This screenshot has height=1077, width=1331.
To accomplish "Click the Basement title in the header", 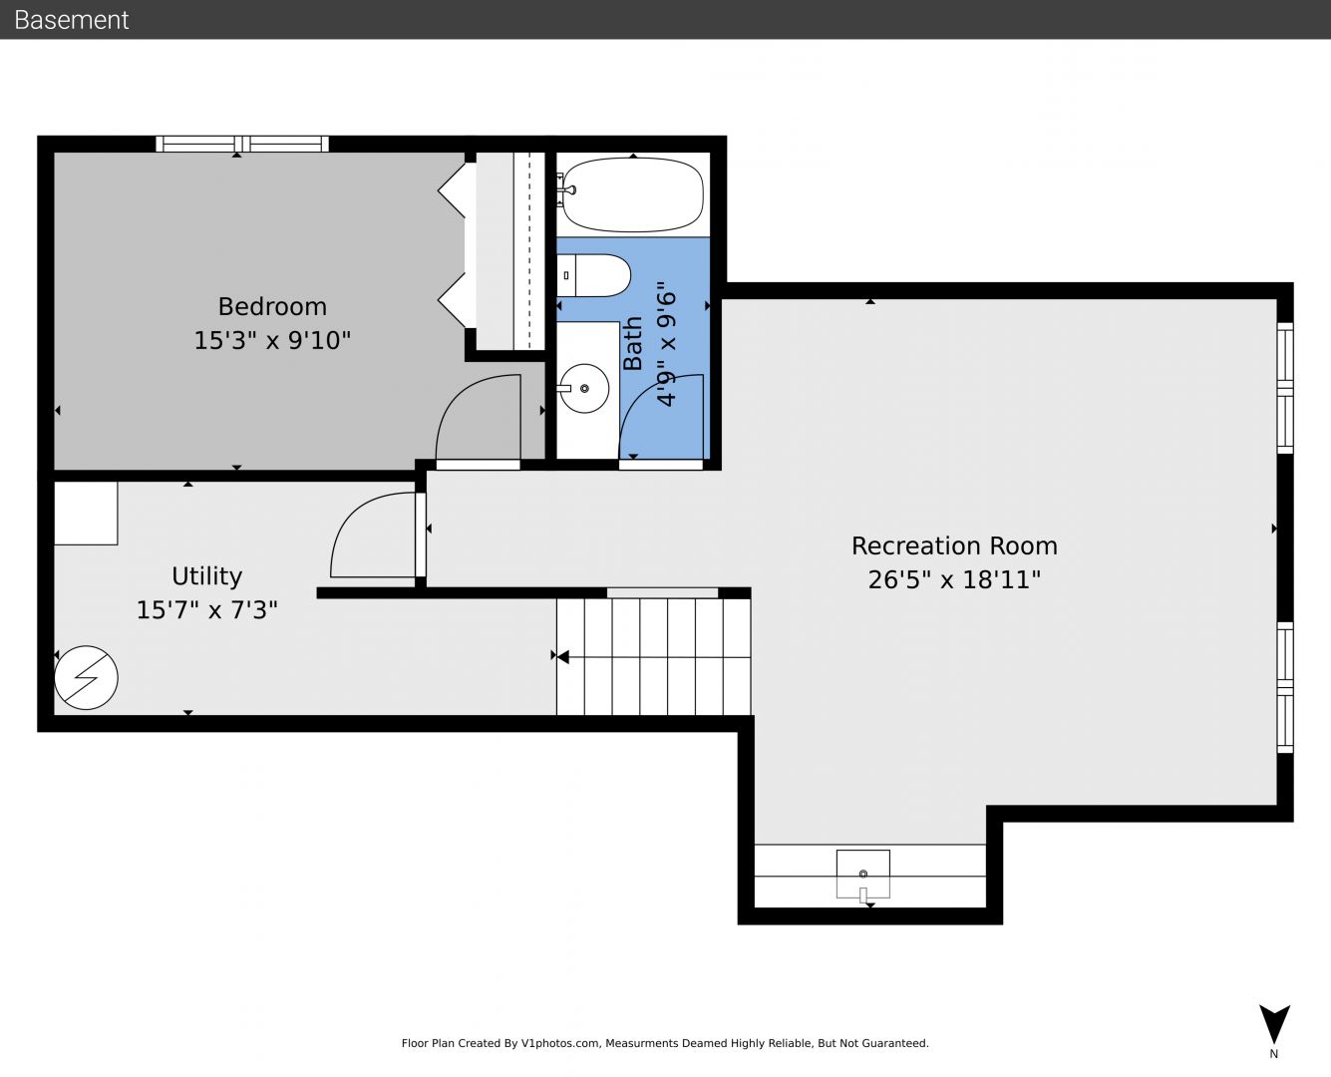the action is (x=71, y=20).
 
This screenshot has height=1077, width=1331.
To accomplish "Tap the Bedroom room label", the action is (x=272, y=307).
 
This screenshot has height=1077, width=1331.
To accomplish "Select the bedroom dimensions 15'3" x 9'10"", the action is (x=272, y=341).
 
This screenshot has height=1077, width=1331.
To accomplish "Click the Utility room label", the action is (x=206, y=576).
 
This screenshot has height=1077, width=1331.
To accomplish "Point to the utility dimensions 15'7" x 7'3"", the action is (x=206, y=609).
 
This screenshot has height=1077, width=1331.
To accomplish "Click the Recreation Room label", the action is (x=954, y=546).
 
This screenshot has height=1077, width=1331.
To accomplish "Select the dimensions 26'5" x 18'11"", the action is (x=954, y=580).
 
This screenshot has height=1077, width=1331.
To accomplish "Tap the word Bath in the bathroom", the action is (x=633, y=343).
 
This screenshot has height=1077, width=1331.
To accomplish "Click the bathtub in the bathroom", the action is (x=633, y=194).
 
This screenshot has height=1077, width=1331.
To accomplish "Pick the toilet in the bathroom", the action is (x=593, y=275).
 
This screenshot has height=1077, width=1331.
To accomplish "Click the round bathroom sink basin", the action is (x=584, y=388).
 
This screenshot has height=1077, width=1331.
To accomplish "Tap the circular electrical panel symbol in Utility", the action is (x=86, y=677).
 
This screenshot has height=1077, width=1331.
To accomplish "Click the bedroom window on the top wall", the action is (x=242, y=144).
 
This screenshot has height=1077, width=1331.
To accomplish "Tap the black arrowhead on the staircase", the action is (x=562, y=657).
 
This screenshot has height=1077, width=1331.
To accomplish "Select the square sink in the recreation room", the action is (x=863, y=874).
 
